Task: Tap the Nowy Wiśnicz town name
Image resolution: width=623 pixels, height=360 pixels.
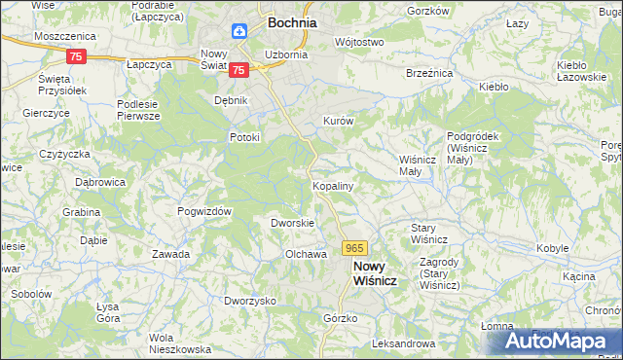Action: (375, 273)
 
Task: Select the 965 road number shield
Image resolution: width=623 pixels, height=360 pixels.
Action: (354, 249)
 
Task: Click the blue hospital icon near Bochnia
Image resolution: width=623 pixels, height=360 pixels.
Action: (239, 31)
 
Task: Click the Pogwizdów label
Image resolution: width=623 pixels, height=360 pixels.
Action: (203, 211)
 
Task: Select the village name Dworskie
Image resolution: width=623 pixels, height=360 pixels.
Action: (291, 223)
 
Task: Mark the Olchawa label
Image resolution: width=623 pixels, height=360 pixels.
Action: (303, 254)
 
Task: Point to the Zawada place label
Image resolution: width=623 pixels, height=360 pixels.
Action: (170, 254)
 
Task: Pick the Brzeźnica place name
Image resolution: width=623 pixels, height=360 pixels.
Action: (429, 72)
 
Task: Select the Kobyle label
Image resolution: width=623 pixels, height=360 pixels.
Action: (553, 248)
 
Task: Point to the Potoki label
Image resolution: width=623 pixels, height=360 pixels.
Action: (244, 137)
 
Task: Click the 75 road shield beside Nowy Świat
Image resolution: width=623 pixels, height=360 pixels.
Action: (239, 68)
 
